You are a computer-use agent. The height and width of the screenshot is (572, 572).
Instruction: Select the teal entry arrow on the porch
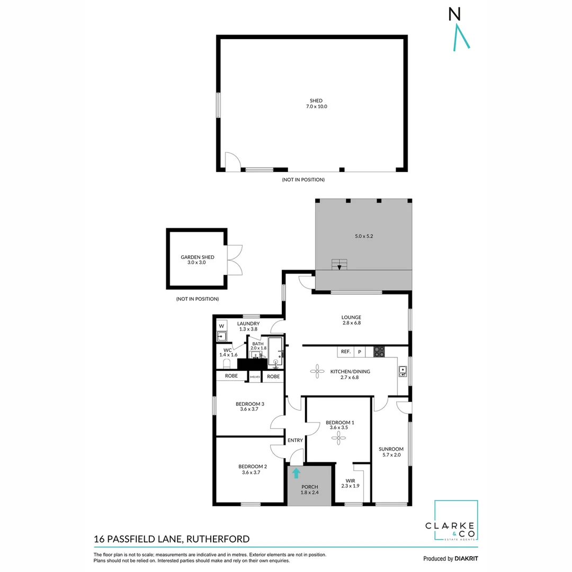tap(296, 473)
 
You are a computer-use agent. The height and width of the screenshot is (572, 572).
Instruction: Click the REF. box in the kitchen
tap(345, 352)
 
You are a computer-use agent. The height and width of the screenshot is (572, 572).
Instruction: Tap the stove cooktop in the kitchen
tap(379, 351)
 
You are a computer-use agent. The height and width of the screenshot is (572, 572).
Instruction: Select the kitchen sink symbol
tap(403, 371)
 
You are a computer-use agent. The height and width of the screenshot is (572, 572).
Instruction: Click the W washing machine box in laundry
tap(221, 326)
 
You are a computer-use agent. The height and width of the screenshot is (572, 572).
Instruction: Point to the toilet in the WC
tap(227, 363)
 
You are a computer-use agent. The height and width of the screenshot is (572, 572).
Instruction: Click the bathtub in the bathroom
tap(276, 352)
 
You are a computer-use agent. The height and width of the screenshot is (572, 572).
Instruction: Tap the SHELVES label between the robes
tap(255, 377)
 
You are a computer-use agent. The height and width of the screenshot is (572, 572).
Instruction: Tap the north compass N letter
tap(454, 14)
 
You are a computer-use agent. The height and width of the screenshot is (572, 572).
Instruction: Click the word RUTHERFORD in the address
tap(218, 539)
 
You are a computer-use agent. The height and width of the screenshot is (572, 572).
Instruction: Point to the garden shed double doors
tap(235, 260)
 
